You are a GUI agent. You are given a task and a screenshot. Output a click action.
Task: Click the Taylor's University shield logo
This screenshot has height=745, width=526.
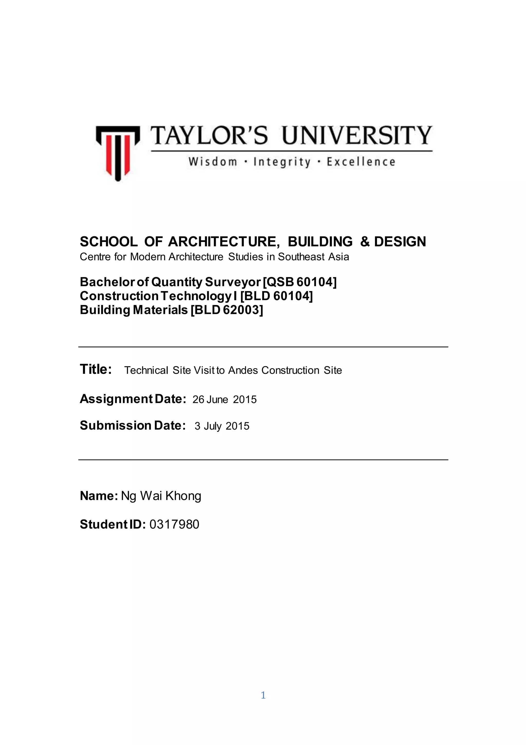[x=118, y=153]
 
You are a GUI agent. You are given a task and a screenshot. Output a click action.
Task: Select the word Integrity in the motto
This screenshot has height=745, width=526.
[x=282, y=162]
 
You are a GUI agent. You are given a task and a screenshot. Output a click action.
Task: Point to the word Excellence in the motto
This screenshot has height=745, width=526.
[x=361, y=162]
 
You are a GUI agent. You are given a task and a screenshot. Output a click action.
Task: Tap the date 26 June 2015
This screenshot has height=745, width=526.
[x=224, y=399]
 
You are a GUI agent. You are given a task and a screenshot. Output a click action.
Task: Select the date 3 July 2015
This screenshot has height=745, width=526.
[x=222, y=426]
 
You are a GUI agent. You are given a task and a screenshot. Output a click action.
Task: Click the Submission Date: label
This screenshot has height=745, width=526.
[x=133, y=425]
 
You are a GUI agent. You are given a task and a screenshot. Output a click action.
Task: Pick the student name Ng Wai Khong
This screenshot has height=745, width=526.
[x=161, y=496]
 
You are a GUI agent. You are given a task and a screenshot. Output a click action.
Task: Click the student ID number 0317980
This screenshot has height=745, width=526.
[x=174, y=524]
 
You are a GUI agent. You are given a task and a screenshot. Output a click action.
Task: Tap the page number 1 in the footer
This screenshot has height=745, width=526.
[x=263, y=695]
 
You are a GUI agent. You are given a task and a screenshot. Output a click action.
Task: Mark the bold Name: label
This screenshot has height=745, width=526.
[x=99, y=496]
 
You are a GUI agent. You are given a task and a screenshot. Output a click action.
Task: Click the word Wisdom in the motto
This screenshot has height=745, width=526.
[x=213, y=162]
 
